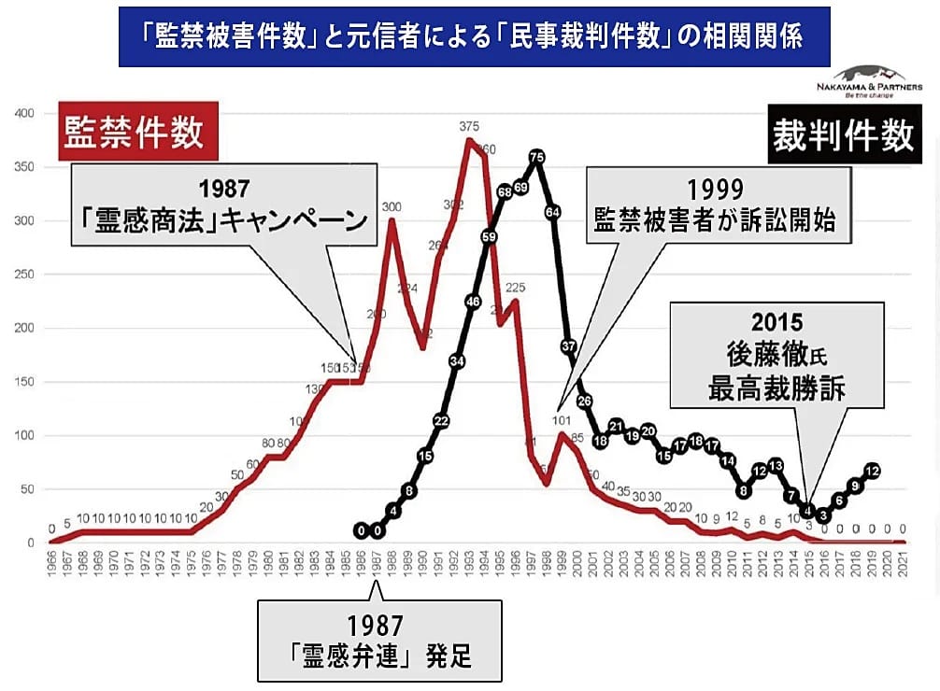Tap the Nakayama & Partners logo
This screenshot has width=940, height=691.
click(x=867, y=81)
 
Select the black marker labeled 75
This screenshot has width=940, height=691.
click(x=536, y=158)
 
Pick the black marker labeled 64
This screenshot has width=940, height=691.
click(x=552, y=212)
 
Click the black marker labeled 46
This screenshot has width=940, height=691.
click(x=473, y=302)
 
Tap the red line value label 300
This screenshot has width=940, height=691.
click(x=392, y=206)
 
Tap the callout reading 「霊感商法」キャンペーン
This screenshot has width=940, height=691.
click(x=224, y=205)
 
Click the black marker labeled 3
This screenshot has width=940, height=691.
click(x=823, y=515)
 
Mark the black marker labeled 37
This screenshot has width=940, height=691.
click(x=568, y=346)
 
